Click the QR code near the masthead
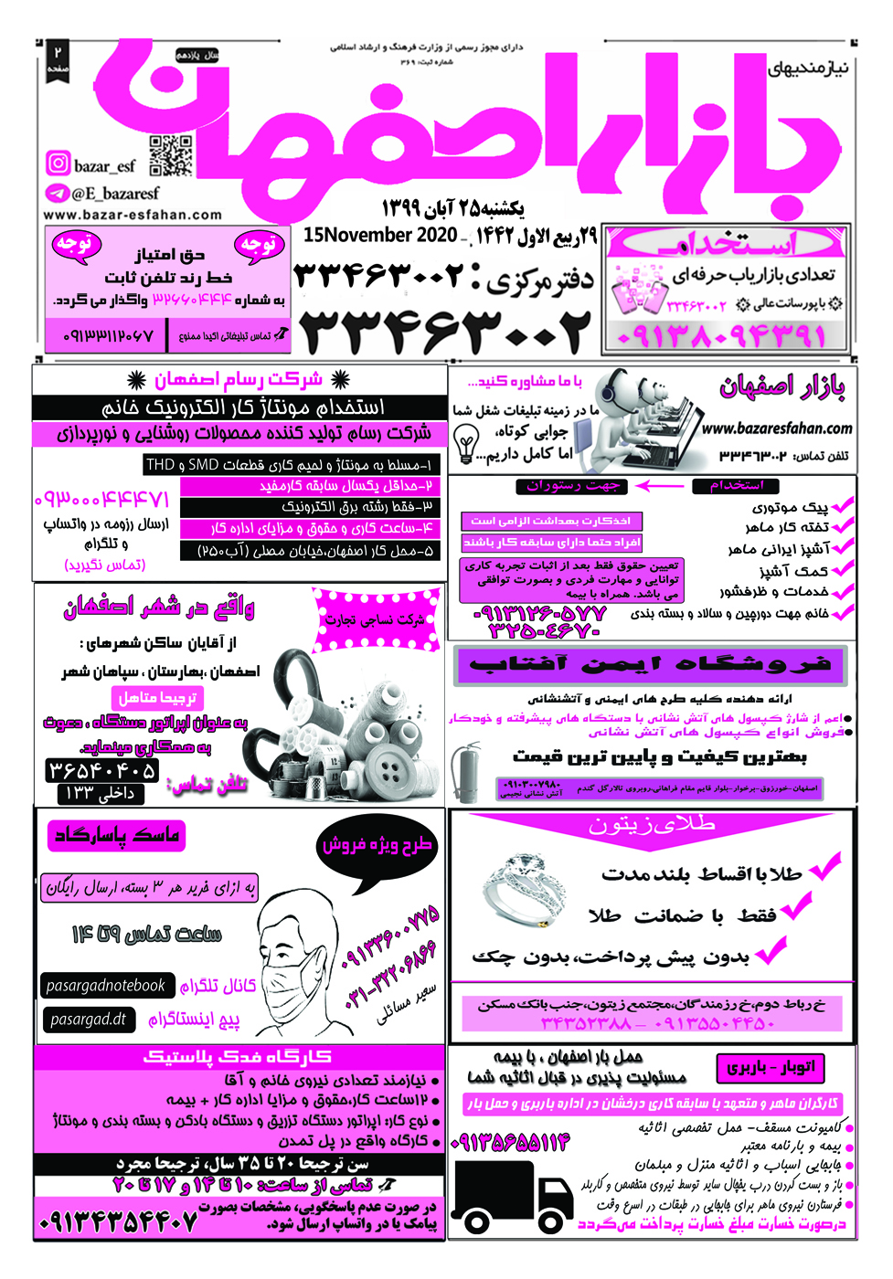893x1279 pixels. pos(171,154)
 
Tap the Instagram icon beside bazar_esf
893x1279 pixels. pos(58,164)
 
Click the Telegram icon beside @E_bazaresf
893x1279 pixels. pos(58,193)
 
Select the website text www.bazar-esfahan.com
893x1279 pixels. pos(133,215)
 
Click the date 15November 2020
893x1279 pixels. pos(379,235)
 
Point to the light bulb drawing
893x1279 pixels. pos(466,444)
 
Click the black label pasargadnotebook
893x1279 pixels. pos(106,986)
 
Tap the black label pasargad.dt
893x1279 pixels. pos(89,1019)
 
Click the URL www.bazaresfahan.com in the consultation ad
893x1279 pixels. pos(776,428)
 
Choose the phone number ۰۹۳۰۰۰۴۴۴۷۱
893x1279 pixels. pos(101,500)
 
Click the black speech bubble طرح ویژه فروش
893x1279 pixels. pos(376,846)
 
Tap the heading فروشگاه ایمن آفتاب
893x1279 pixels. pos(649,664)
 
